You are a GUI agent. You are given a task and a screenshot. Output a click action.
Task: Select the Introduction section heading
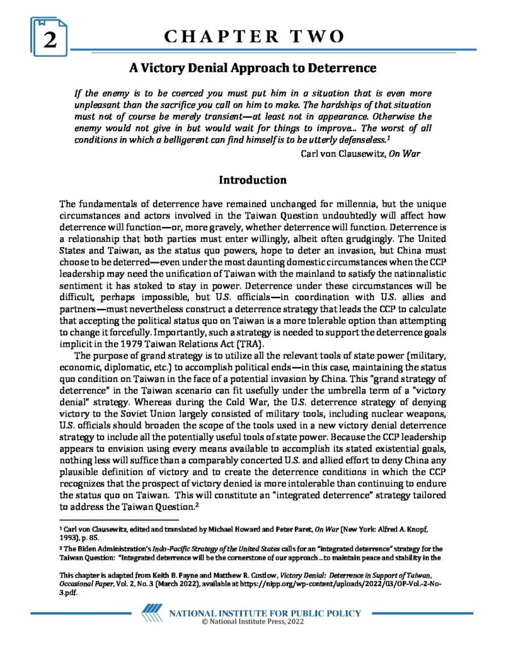pos(253,179)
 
